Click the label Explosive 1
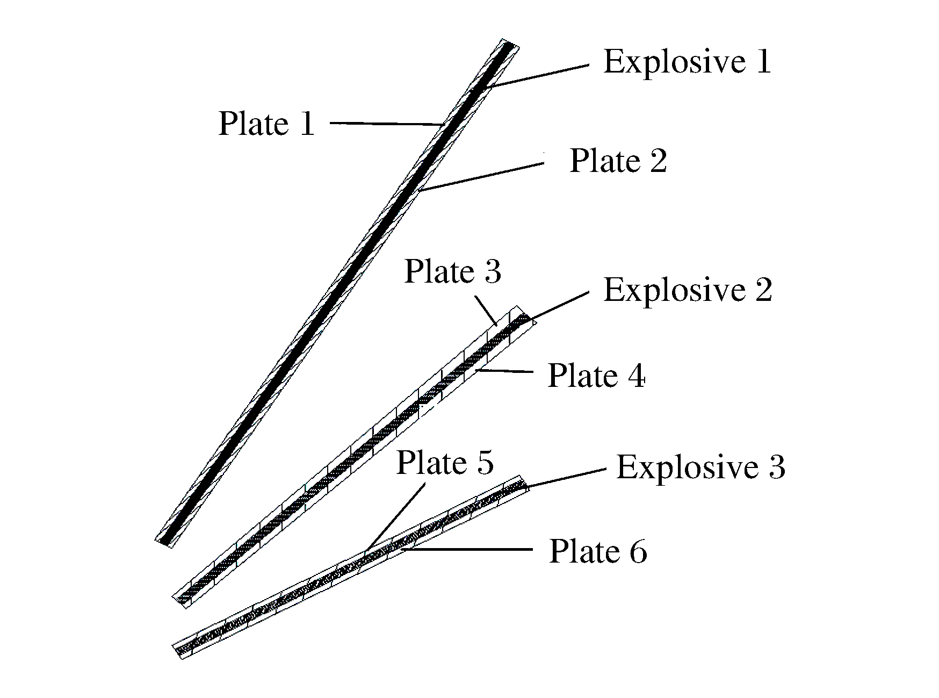coord(687,61)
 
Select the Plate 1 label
coord(266,124)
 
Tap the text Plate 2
coord(618,160)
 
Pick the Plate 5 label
coord(444,462)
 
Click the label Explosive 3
coord(700,466)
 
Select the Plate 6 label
coord(598,551)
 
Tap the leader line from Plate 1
coord(386,124)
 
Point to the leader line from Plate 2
coord(481,176)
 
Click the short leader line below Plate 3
coord(485,313)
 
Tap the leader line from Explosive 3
coord(566,478)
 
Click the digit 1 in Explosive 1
coord(763,61)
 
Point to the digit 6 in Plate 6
coord(638,552)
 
